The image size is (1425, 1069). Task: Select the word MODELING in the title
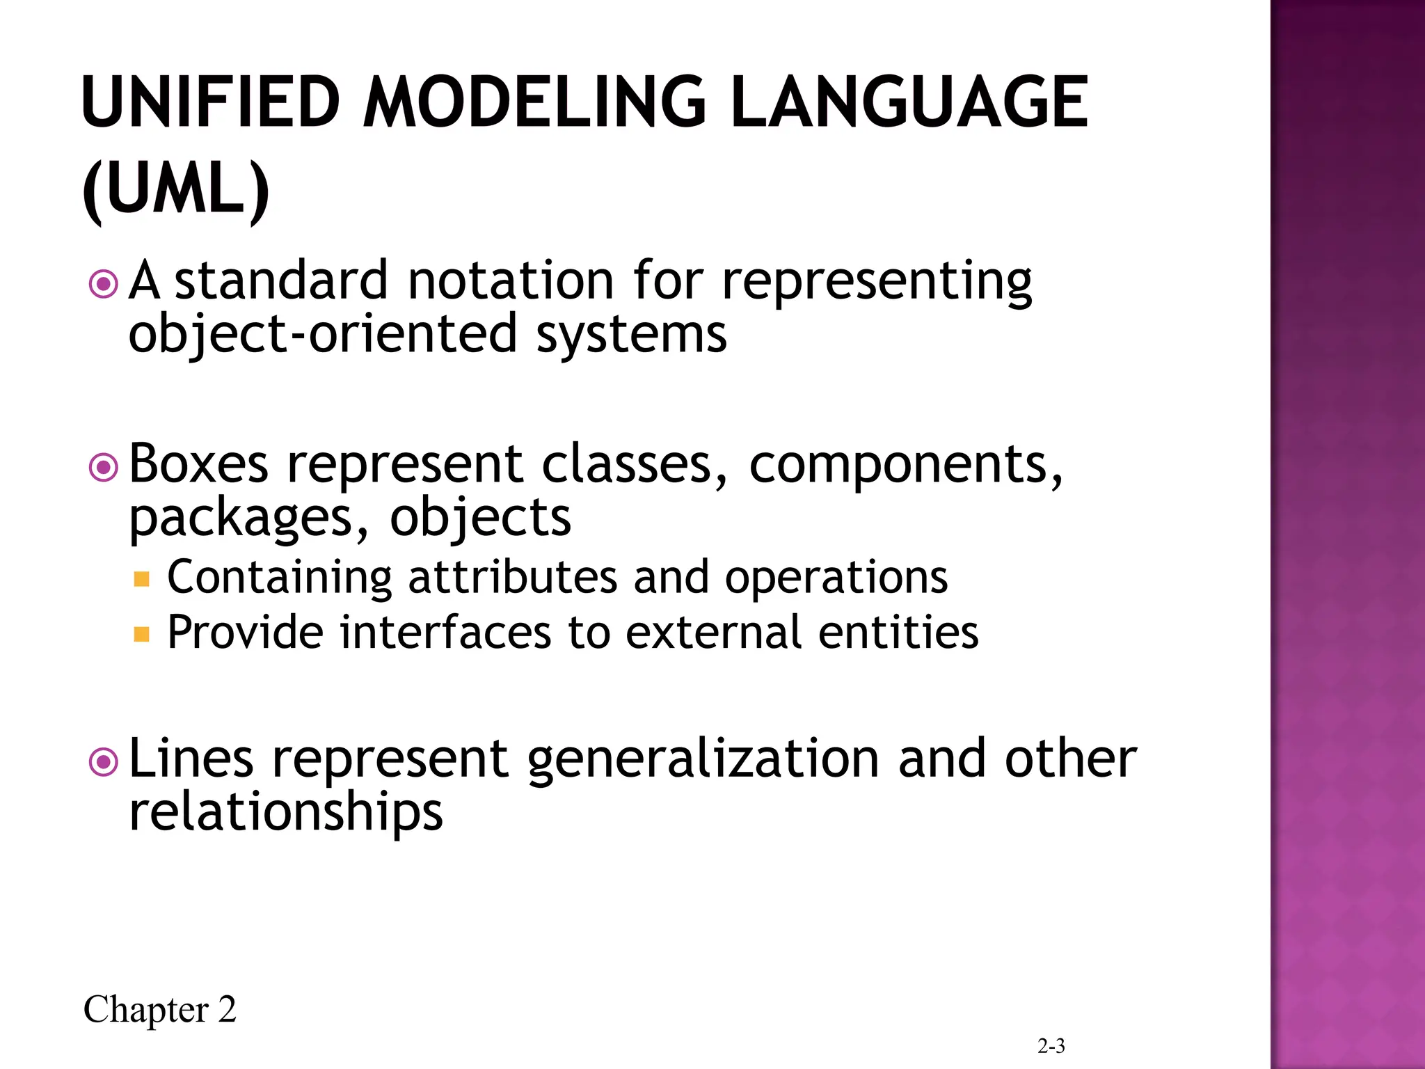click(x=534, y=102)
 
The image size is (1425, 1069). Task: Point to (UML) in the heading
click(x=175, y=189)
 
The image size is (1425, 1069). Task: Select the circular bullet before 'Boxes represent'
click(x=104, y=468)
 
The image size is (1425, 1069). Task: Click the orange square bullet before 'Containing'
click(x=142, y=579)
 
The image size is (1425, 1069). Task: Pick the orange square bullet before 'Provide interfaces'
click(x=142, y=634)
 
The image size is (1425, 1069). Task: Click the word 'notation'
click(x=510, y=280)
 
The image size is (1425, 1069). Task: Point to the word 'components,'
click(x=905, y=465)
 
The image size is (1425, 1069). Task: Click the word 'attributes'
click(x=512, y=577)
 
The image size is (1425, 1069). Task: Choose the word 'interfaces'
click(x=445, y=632)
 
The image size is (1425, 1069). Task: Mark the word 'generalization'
click(x=703, y=759)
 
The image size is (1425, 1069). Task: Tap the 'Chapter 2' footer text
click(x=159, y=1010)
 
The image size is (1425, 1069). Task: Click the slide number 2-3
click(x=1051, y=1046)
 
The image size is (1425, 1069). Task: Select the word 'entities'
click(x=898, y=632)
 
